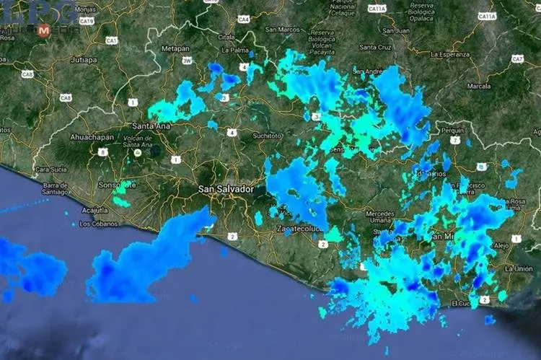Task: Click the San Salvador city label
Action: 226,189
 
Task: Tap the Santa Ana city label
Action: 151,126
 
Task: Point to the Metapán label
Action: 175,48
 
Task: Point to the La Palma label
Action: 235,51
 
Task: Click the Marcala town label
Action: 479,86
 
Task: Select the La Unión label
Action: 519,268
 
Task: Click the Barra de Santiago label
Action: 55,188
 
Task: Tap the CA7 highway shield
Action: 517,58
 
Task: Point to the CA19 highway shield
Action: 87,21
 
